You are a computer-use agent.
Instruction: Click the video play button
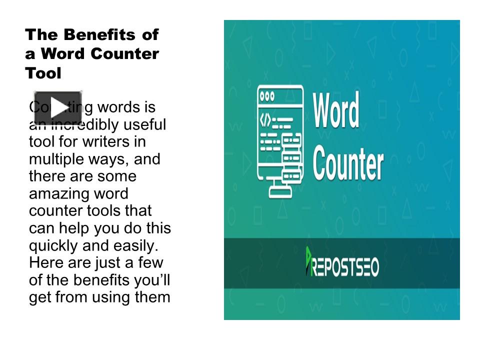point(57,107)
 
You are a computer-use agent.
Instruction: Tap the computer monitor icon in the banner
point(280,140)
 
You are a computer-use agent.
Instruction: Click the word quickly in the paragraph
point(53,245)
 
